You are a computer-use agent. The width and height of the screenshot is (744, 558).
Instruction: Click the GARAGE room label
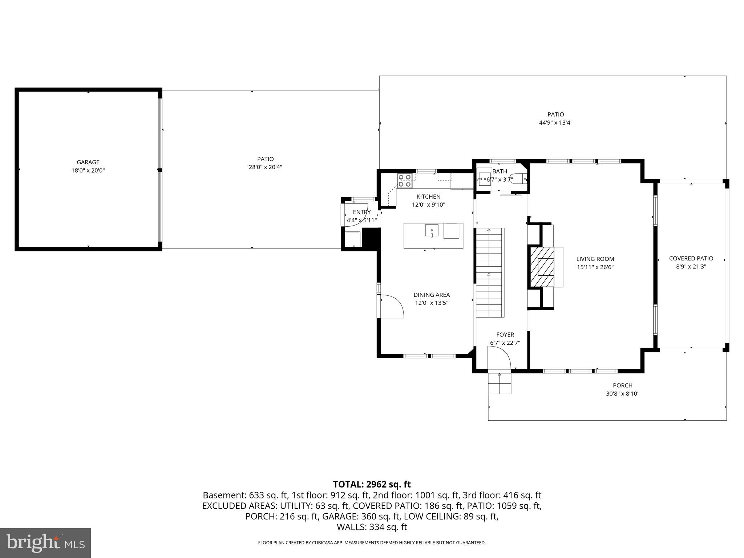tap(88, 162)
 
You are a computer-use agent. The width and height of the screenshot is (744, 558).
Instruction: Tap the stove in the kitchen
tap(405, 181)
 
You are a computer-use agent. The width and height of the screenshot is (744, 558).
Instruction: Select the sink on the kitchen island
tap(432, 231)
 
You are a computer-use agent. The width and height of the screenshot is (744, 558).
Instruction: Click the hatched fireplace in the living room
tap(542, 267)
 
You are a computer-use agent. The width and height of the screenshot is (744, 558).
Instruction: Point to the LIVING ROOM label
tap(595, 259)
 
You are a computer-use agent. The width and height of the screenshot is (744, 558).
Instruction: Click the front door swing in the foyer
tap(500, 358)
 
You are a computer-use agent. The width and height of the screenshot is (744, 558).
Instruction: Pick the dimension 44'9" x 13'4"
tap(555, 123)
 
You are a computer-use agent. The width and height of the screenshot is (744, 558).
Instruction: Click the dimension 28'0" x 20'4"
tap(265, 167)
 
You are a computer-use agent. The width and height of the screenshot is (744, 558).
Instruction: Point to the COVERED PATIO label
tap(691, 258)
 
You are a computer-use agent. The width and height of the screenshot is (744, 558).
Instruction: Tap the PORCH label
tap(622, 385)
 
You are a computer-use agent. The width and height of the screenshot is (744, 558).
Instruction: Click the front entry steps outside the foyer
tap(500, 384)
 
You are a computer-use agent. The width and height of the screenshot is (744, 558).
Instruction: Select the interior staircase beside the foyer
tap(489, 272)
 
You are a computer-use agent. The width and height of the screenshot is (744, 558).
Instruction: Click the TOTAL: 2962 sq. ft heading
tap(372, 484)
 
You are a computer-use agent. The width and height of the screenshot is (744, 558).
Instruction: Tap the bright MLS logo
tap(45, 543)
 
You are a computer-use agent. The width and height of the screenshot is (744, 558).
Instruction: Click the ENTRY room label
tap(361, 212)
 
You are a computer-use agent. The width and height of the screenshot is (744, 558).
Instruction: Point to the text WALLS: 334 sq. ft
tap(372, 527)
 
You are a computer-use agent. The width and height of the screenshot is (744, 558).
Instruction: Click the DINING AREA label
tap(432, 295)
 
